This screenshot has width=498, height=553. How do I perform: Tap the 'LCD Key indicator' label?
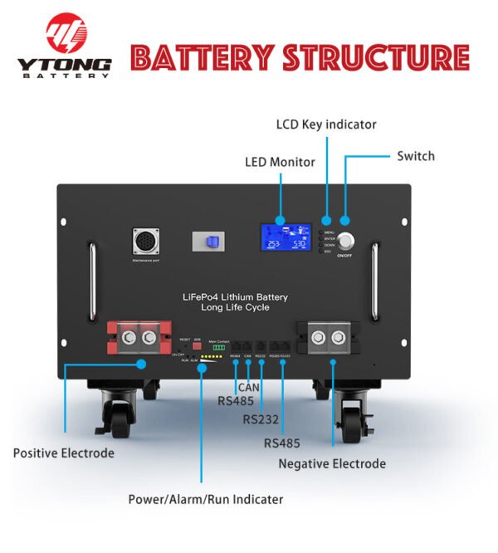coord(325,125)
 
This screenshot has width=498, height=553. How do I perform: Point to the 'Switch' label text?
coord(415,156)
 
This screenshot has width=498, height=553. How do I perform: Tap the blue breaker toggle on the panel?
coord(211,242)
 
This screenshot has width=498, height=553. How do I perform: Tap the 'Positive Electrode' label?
coord(64,453)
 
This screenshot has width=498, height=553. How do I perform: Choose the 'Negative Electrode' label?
coord(332,463)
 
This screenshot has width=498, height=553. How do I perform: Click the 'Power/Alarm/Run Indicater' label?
coord(205,499)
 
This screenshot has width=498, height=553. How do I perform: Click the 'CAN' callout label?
coord(248,387)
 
